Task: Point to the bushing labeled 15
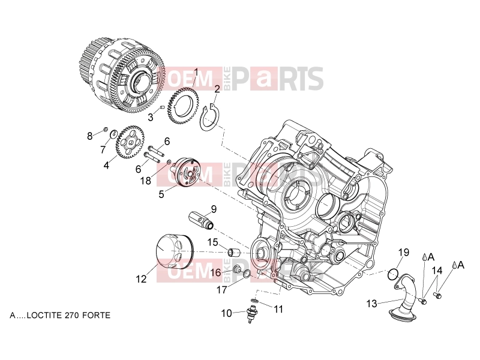(x=233, y=252)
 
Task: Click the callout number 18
(x=146, y=181)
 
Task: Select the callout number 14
(x=437, y=271)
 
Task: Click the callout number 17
(x=221, y=290)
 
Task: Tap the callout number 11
(x=278, y=310)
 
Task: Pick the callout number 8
(x=89, y=136)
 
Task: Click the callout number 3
(x=151, y=117)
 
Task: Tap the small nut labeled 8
(x=105, y=129)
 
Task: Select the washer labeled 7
(x=113, y=134)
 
